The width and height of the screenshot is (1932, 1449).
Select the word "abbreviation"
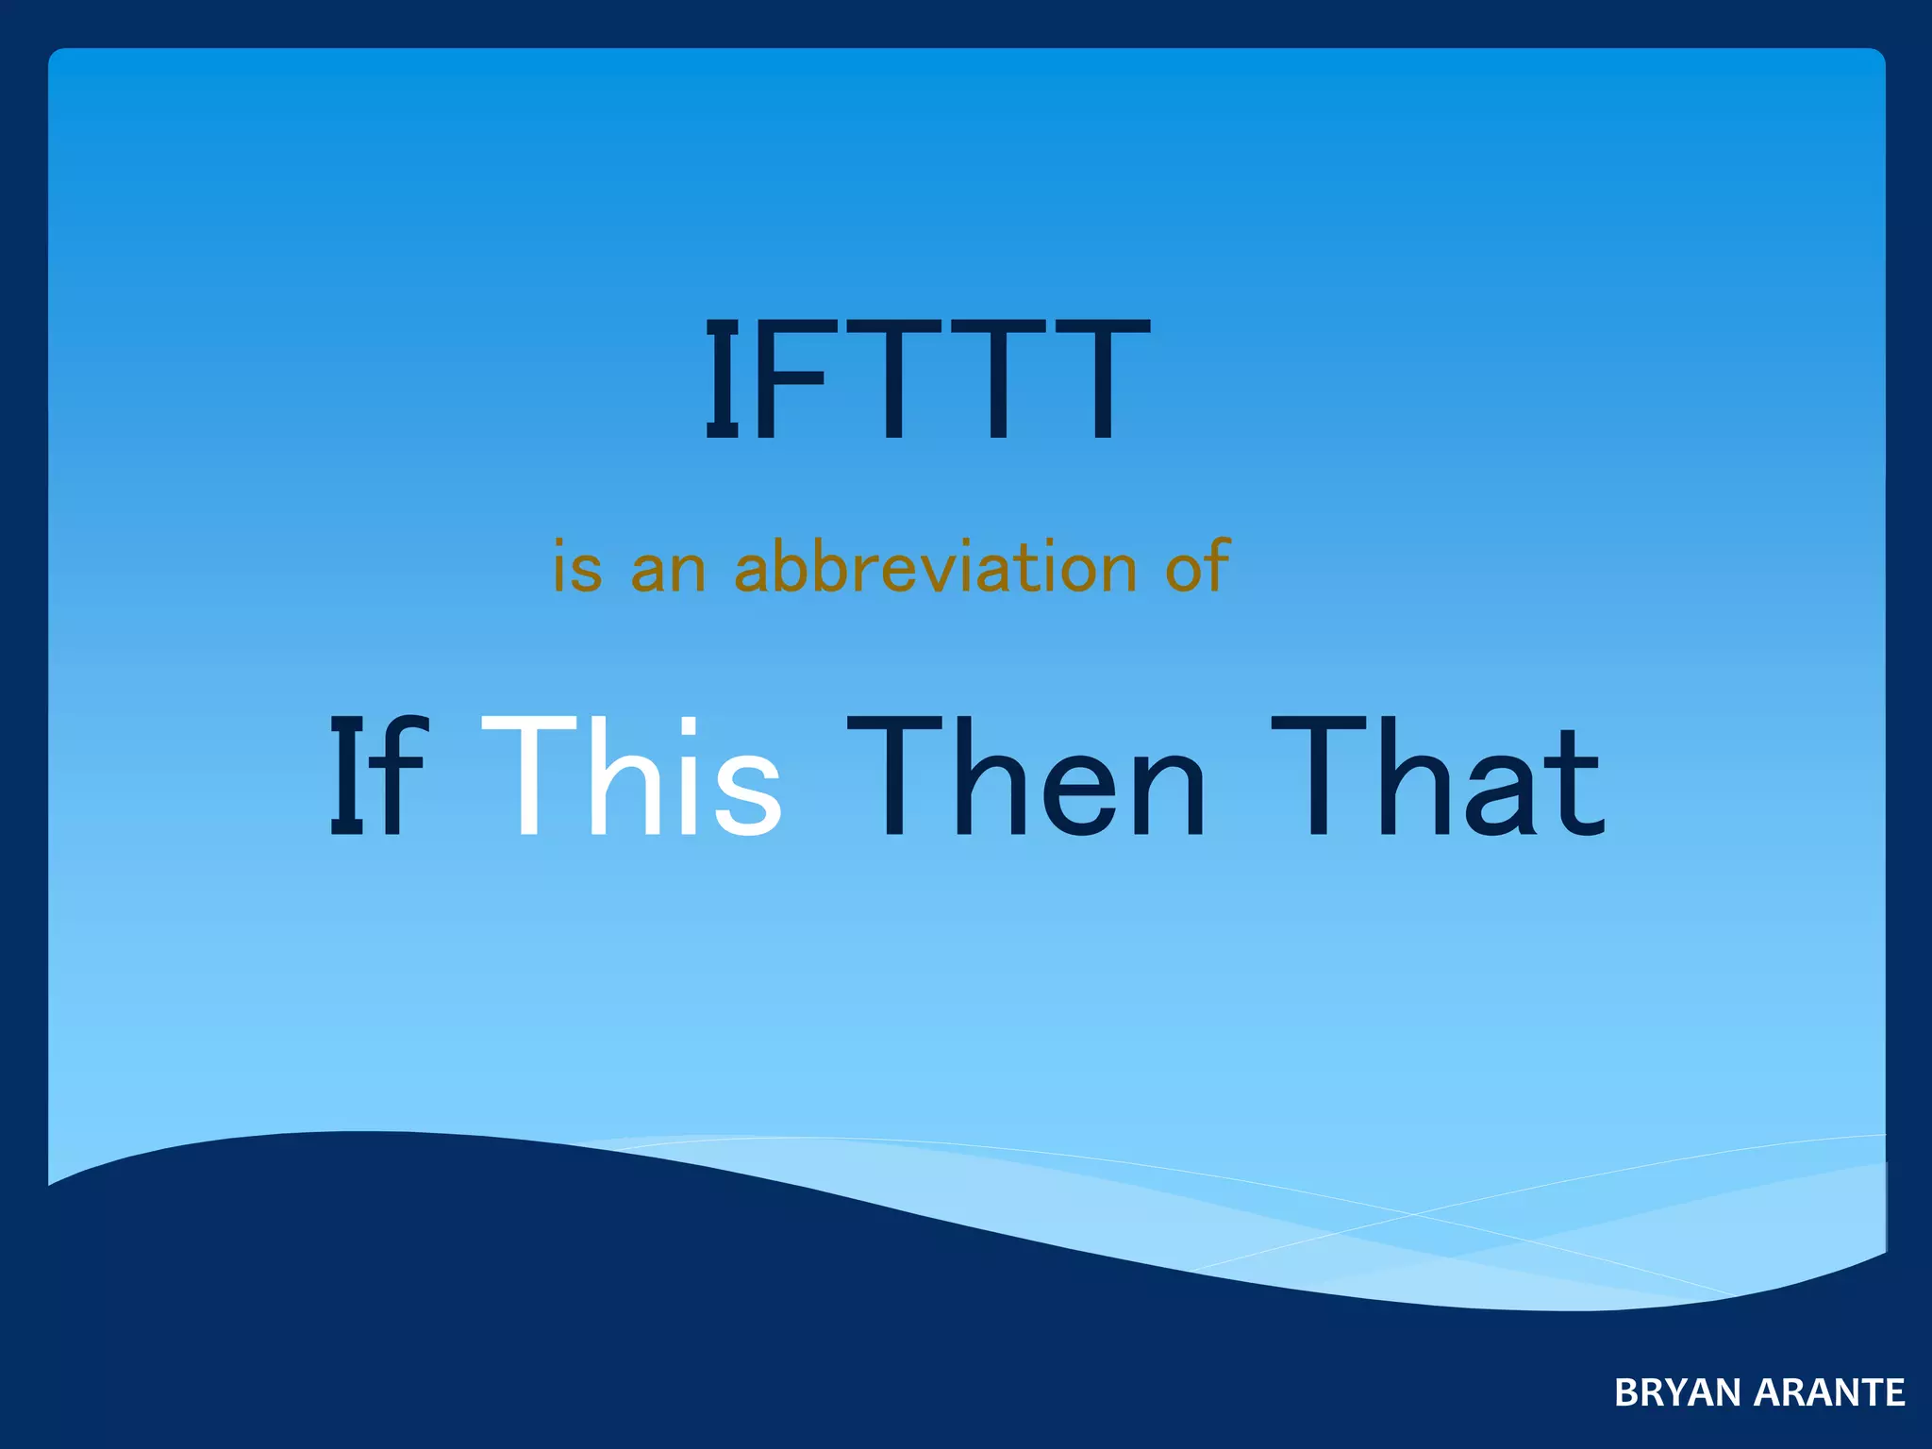click(x=935, y=566)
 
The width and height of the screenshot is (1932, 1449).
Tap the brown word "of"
click(x=1196, y=566)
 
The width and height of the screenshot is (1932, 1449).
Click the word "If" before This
click(x=377, y=775)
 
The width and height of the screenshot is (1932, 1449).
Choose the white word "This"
click(x=631, y=775)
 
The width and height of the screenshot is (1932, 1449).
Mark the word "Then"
click(x=1026, y=775)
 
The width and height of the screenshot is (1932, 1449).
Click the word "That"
click(x=1439, y=775)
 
